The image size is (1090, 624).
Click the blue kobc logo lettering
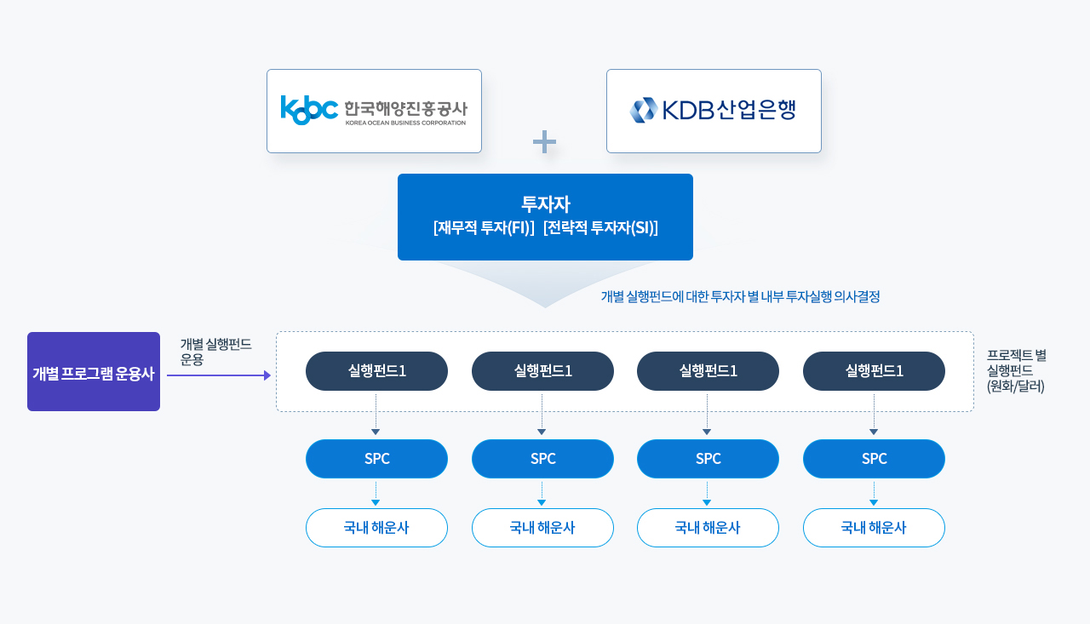309,110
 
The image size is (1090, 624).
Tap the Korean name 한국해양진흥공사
406,108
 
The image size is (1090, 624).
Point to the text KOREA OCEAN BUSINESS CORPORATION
406,123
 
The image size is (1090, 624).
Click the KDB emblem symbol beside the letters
643,110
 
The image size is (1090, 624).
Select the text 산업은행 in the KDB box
756,109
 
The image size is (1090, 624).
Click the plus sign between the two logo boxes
544,141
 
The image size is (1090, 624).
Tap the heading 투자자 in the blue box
545,203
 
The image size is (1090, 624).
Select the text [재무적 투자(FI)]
484,227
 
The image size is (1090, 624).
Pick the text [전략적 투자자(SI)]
600,227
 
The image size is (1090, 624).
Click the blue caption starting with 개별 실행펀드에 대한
740,297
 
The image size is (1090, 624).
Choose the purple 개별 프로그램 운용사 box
94,371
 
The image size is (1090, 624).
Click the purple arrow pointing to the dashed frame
219,375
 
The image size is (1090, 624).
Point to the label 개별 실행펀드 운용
215,352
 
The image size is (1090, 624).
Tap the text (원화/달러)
1016,386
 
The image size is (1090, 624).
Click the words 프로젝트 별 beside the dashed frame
1017,355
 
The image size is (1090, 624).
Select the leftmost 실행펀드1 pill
376,371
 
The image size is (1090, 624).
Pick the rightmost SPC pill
874,459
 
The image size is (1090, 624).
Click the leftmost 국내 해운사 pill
376,528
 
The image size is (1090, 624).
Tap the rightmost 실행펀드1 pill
874,371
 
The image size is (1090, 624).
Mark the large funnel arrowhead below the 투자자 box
545,284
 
